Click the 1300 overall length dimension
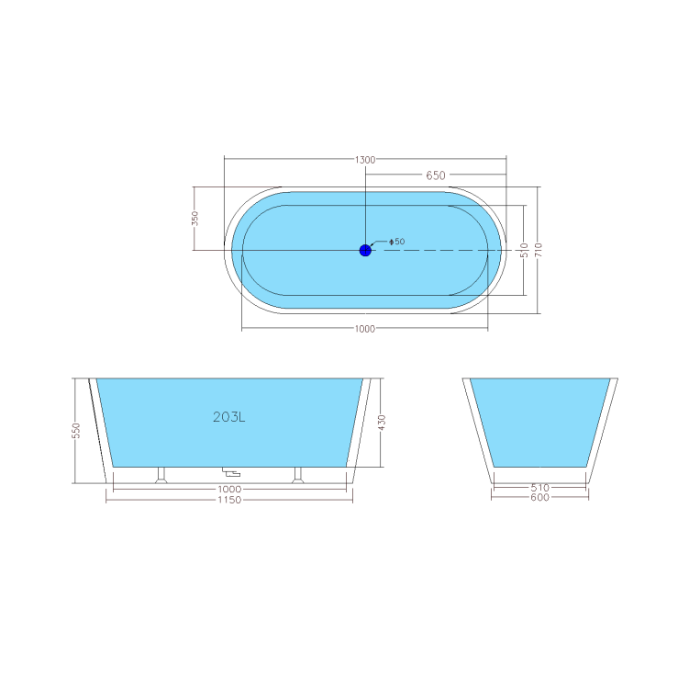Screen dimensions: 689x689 (365, 160)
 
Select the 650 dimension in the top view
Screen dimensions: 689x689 (436, 175)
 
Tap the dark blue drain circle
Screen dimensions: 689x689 (365, 250)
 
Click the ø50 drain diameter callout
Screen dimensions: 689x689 (398, 242)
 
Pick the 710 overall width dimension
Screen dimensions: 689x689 (539, 249)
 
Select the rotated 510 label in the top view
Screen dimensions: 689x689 (523, 249)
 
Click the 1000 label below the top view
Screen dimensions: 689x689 (365, 330)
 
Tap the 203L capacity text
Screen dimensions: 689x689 (228, 417)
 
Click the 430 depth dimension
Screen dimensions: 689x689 (382, 422)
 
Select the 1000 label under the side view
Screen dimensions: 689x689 (229, 489)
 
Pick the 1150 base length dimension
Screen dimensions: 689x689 (229, 500)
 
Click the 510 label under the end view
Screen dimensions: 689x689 (540, 489)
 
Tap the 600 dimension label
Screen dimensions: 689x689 (540, 499)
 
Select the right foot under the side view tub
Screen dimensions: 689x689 (296, 475)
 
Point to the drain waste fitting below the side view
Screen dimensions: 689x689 (231, 474)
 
